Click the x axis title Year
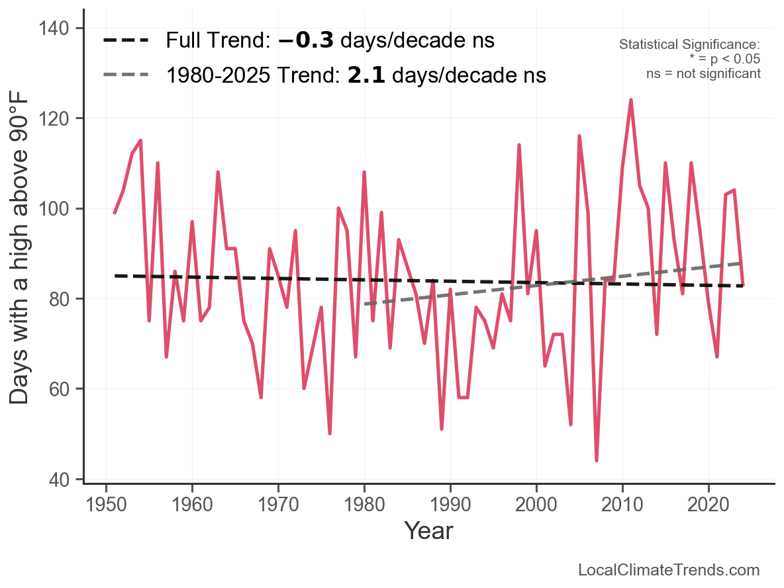click(428, 530)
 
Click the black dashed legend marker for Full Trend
click(126, 41)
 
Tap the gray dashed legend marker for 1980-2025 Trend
click(126, 75)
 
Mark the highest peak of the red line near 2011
click(631, 100)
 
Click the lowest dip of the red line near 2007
click(597, 460)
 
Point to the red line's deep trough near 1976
click(330, 433)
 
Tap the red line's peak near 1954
click(140, 140)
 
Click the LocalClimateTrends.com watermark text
click(669, 570)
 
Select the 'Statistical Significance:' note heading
click(689, 44)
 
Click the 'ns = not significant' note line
click(703, 73)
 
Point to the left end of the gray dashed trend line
click(365, 304)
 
